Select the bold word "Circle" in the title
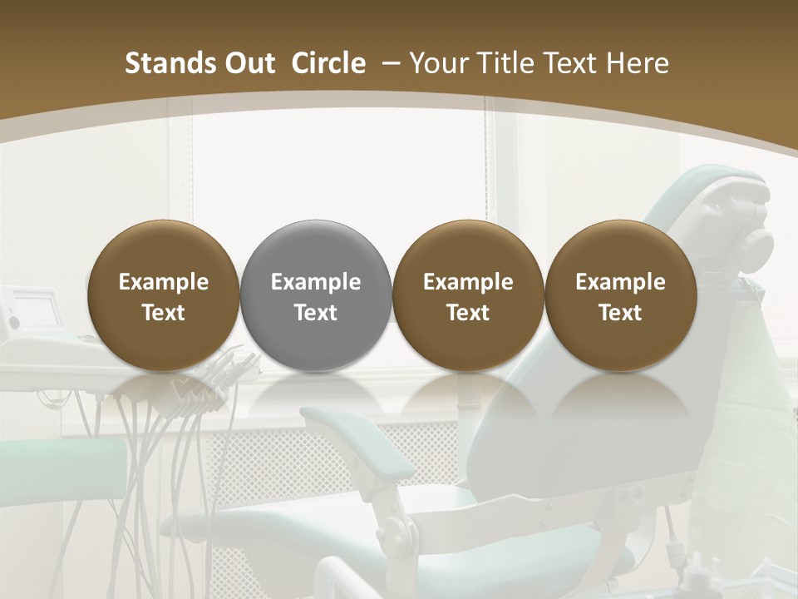pyautogui.click(x=328, y=63)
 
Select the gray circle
pyautogui.click(x=316, y=295)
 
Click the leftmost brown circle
pyautogui.click(x=164, y=295)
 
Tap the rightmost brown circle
pyautogui.click(x=620, y=295)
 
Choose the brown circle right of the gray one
pyautogui.click(x=468, y=295)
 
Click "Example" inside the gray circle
pyautogui.click(x=316, y=282)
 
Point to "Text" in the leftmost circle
pyautogui.click(x=164, y=313)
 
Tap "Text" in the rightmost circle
pyautogui.click(x=620, y=313)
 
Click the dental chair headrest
pyautogui.click(x=731, y=208)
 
